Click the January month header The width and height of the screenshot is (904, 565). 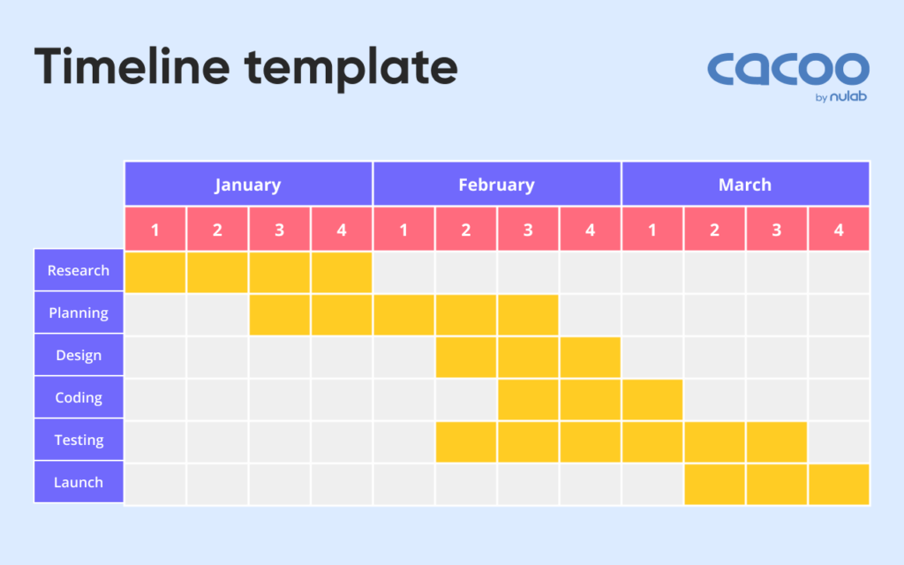[x=248, y=184]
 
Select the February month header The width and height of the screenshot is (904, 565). [x=497, y=184]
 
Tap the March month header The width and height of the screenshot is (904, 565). [x=745, y=184]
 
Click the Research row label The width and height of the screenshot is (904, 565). [x=79, y=270]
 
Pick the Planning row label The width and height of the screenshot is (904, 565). [x=79, y=313]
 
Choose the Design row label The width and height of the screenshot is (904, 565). [x=79, y=355]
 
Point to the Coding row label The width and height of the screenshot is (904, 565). [x=79, y=397]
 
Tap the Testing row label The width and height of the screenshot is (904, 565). [x=79, y=440]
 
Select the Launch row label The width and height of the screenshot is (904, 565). [x=79, y=482]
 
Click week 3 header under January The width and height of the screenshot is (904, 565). [x=279, y=230]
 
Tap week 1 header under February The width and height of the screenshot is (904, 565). [x=403, y=230]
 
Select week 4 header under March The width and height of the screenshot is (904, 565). [x=839, y=230]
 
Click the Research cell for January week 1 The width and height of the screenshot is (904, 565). [x=155, y=272]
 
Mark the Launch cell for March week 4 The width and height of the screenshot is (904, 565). [x=839, y=484]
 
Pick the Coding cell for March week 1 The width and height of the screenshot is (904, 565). [x=652, y=399]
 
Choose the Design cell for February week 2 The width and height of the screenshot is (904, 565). [x=466, y=357]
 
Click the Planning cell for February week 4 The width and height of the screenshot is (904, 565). [x=590, y=314]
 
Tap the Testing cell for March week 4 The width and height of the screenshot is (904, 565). [x=839, y=441]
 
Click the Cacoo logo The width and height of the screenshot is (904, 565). [x=787, y=72]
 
